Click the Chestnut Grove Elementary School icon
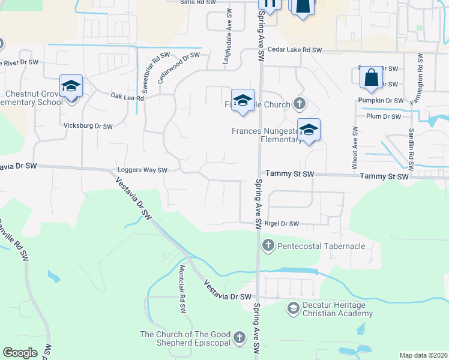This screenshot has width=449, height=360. [71, 87]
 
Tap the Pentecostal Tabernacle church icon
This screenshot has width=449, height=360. [268, 245]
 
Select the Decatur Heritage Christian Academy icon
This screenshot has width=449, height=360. [293, 309]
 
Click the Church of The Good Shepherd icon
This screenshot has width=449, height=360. [240, 338]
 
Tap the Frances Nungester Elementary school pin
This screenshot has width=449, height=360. [309, 130]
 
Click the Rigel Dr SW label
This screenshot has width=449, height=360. [282, 224]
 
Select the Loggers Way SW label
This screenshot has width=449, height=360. [142, 170]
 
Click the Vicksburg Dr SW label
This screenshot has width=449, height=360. [88, 127]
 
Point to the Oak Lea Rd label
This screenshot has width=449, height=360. [127, 97]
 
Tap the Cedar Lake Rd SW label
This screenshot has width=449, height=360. [295, 50]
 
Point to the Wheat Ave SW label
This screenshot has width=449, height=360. [355, 147]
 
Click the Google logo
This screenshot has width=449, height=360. [20, 352]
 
